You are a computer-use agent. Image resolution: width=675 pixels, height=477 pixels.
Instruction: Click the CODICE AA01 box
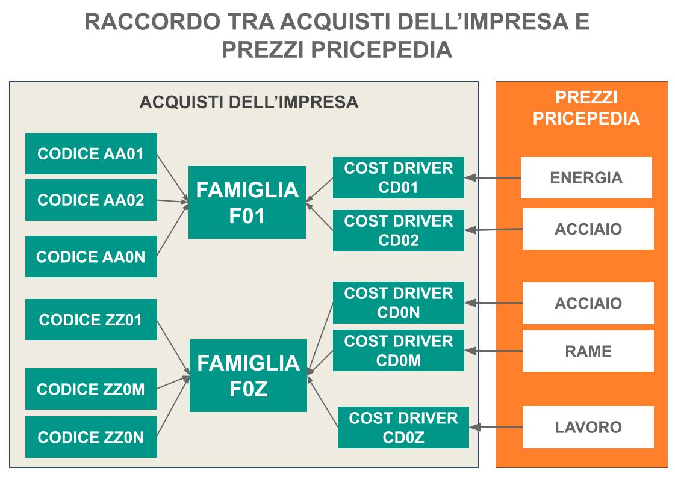point(90,154)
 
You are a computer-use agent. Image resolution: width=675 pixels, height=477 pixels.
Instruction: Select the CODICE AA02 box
point(90,200)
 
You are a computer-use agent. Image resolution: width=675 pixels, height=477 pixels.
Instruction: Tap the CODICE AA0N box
point(90,257)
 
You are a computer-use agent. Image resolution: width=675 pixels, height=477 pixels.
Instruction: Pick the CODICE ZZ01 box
point(90,319)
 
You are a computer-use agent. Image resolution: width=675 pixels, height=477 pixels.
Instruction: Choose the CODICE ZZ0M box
point(90,389)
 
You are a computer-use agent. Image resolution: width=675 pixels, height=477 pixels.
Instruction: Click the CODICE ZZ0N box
point(90,437)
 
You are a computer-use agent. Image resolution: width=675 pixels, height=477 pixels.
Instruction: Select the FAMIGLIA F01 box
point(247,203)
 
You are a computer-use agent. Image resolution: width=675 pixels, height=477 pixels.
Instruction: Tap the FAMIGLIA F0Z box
point(248,376)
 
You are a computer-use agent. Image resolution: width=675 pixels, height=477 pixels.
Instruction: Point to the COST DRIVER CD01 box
point(398,177)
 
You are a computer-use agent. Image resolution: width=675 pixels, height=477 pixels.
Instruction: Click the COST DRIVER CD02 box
point(398,230)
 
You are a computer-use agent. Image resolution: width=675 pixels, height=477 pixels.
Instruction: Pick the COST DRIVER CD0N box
point(398,303)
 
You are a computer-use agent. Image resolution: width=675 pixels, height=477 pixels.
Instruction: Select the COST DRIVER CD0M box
point(398,351)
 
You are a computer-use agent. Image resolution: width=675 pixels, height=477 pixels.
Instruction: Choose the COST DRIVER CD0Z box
point(403,427)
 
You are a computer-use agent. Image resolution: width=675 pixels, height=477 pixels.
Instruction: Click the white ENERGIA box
point(586,177)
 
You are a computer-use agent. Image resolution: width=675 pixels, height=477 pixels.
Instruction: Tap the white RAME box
point(588,351)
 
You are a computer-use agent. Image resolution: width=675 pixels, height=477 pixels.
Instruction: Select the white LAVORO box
point(588,427)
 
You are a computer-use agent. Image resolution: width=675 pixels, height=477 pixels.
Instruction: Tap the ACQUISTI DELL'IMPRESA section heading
point(249,102)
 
